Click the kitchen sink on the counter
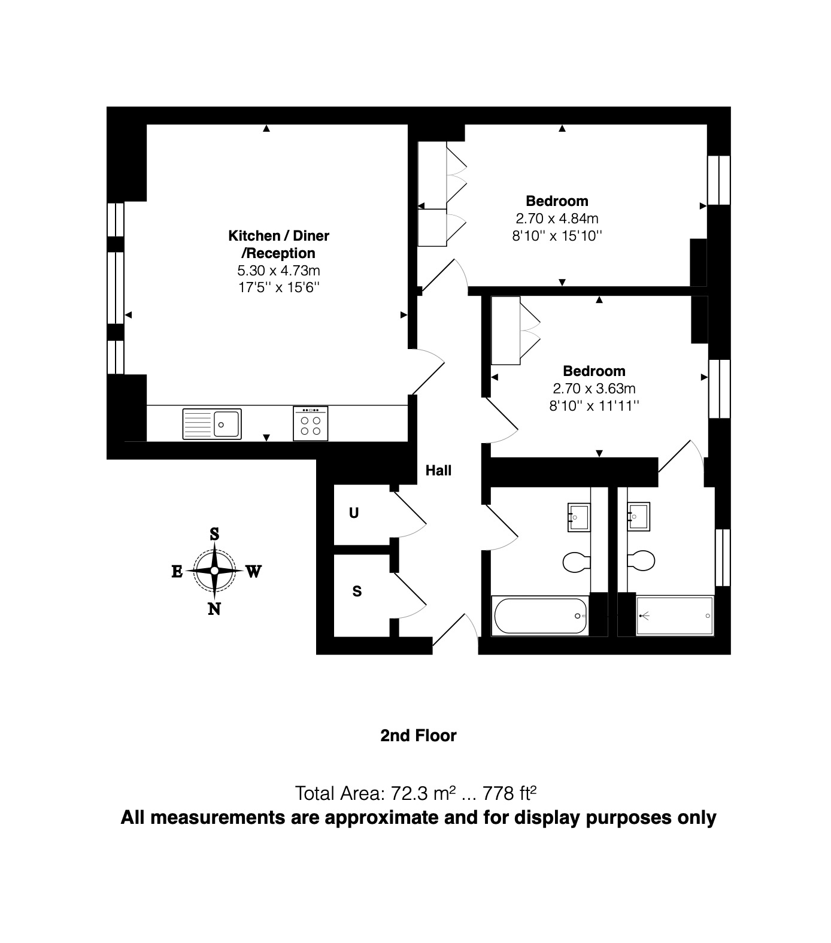(212, 424)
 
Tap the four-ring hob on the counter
(311, 424)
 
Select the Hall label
(438, 471)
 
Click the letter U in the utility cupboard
(354, 513)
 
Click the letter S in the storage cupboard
(357, 592)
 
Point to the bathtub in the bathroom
(540, 615)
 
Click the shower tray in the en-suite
(675, 615)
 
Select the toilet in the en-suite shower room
(642, 560)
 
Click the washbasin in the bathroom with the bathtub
(578, 517)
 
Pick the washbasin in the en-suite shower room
(639, 517)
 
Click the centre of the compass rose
(214, 571)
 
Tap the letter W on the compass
(253, 572)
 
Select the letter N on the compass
(214, 610)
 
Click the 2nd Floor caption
(418, 736)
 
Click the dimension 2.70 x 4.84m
(557, 219)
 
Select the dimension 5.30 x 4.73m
(279, 271)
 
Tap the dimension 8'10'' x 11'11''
(594, 406)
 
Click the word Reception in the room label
(280, 253)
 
